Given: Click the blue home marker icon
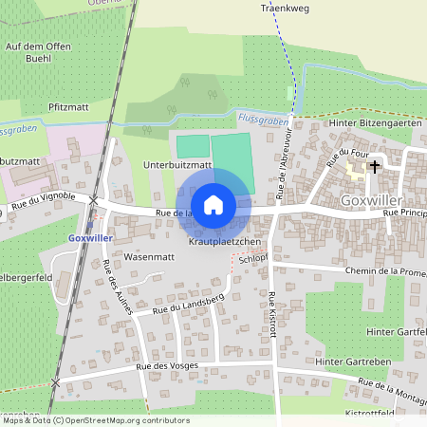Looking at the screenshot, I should pos(213,204).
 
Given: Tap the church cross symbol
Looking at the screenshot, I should pos(375,167).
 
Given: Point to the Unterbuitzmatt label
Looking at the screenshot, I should pos(141,164).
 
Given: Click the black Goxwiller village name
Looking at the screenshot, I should pos(370,201).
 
